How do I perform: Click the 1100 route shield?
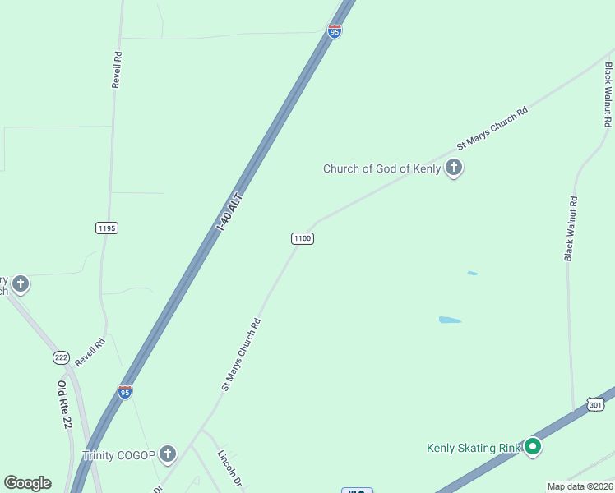click(302, 238)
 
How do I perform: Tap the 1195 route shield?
click(107, 228)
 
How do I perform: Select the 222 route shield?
click(61, 357)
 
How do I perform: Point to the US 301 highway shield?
click(596, 404)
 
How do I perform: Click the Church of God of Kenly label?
click(382, 169)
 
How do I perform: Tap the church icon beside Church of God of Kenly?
click(453, 168)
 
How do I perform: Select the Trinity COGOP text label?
click(118, 454)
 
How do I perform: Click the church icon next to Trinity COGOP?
click(167, 454)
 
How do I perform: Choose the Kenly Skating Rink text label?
click(474, 448)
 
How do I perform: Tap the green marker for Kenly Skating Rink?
click(533, 447)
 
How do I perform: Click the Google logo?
click(27, 483)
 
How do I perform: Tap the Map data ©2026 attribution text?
click(580, 486)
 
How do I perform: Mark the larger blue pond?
click(450, 320)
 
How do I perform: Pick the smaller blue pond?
click(472, 273)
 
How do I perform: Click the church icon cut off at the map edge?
click(21, 285)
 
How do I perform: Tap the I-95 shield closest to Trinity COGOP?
click(125, 391)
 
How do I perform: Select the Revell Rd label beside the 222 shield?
click(90, 352)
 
